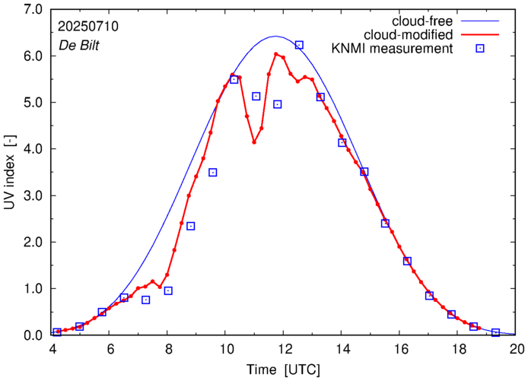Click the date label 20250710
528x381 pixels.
point(87,26)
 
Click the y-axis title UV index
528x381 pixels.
point(10,172)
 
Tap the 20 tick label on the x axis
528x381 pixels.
point(517,349)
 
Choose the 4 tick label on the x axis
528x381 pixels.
point(52,349)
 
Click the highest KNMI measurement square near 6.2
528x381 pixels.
point(299,45)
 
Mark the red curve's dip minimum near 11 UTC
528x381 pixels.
point(254,142)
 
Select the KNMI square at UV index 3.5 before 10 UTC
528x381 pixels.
point(213,173)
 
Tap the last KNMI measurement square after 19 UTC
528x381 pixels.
point(495,332)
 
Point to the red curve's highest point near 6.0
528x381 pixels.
point(276,54)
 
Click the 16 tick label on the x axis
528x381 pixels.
point(401,349)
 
